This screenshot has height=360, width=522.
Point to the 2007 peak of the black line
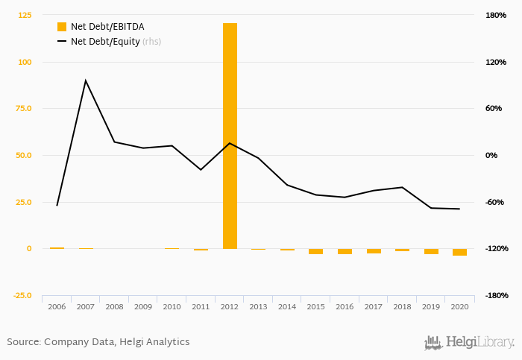pyautogui.click(x=86, y=80)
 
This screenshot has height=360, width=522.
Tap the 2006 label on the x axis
pyautogui.click(x=57, y=306)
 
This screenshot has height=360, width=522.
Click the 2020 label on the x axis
pyautogui.click(x=459, y=306)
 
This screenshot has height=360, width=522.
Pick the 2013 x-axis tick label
pyautogui.click(x=258, y=306)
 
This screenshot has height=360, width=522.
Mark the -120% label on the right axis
pyautogui.click(x=496, y=249)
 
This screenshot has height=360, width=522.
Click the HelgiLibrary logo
pyautogui.click(x=469, y=343)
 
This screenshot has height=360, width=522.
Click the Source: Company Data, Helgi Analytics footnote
pyautogui.click(x=98, y=342)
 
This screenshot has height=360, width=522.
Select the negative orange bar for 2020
pyautogui.click(x=459, y=252)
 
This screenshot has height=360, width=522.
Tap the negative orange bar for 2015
pyautogui.click(x=316, y=251)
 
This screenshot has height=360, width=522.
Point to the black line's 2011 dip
pyautogui.click(x=201, y=170)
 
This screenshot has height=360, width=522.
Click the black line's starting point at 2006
pyautogui.click(x=57, y=205)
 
